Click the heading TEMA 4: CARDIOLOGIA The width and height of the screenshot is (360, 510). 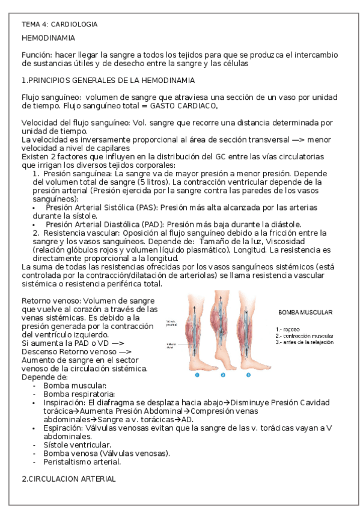(x=59, y=24)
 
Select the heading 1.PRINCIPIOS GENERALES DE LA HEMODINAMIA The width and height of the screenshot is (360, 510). (x=107, y=80)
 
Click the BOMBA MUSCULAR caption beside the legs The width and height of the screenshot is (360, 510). (x=305, y=313)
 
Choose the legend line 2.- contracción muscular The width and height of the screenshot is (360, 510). (x=306, y=336)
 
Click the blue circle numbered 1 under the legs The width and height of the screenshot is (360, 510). (x=197, y=375)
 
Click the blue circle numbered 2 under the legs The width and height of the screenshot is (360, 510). (x=222, y=375)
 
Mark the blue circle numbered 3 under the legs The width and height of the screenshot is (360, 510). (x=249, y=375)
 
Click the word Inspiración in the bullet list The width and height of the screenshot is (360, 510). (x=64, y=402)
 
